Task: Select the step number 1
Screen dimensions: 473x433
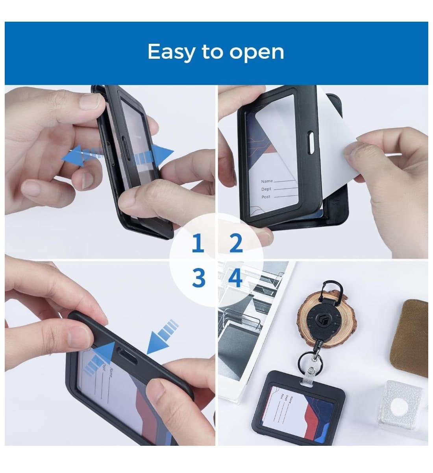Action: tap(198, 244)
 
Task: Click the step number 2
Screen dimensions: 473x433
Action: tap(235, 244)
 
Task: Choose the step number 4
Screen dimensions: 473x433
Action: tap(235, 278)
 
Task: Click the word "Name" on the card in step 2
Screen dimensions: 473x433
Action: tap(267, 181)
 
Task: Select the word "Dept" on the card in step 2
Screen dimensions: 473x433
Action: tap(266, 189)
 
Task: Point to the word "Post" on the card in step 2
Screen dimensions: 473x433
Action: tap(266, 197)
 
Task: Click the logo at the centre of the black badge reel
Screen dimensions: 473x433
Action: tap(325, 317)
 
